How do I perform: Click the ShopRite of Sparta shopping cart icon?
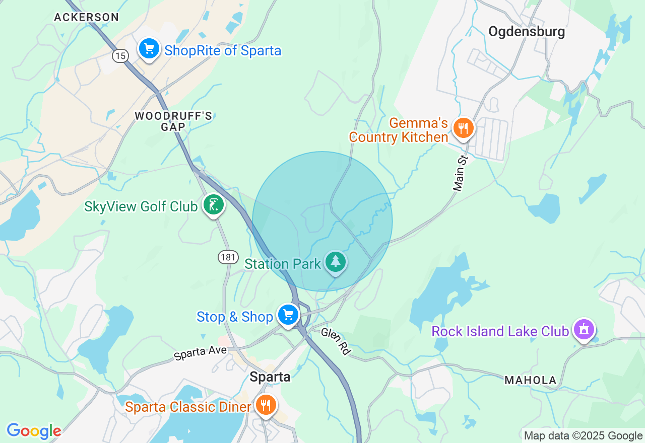click(149, 49)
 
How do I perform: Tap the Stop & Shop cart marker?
click(288, 315)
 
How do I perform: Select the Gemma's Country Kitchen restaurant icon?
click(463, 128)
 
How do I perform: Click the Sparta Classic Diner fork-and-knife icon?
click(265, 404)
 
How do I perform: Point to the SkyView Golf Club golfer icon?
click(214, 205)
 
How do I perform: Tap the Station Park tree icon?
click(336, 262)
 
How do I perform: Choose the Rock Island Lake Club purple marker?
click(584, 330)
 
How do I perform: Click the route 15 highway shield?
click(120, 56)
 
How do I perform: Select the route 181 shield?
click(228, 257)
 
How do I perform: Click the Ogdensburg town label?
click(527, 32)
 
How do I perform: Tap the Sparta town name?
click(270, 377)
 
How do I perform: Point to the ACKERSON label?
click(86, 17)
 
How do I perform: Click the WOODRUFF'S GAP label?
click(173, 121)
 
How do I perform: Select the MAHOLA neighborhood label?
click(530, 381)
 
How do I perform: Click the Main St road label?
click(461, 174)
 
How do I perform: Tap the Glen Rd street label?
click(336, 341)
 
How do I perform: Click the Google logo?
click(34, 431)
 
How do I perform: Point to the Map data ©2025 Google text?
click(583, 436)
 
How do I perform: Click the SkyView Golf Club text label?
click(141, 206)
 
